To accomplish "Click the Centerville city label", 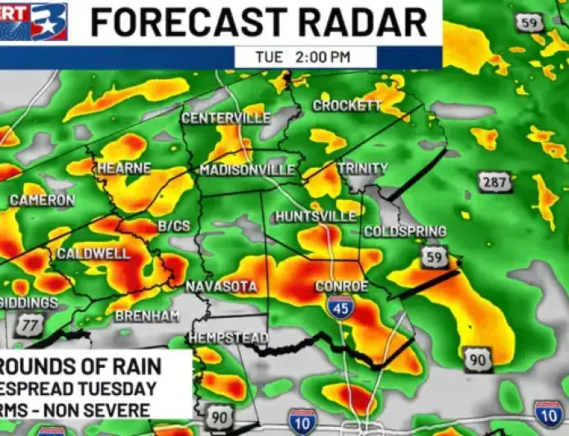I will tap(225, 118).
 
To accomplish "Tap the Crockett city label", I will tap(347, 106).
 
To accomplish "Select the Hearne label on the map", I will tap(124, 168).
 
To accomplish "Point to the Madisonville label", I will tap(248, 170).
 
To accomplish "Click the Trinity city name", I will tap(362, 168).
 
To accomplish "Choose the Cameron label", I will tap(42, 200).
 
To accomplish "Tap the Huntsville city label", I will tap(316, 216).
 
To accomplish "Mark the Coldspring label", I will tap(405, 232).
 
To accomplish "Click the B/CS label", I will tap(173, 225).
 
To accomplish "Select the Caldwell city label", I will tap(93, 254).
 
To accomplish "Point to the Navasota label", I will tap(221, 287).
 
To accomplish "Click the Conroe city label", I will tap(342, 287).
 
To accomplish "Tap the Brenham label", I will tap(147, 316).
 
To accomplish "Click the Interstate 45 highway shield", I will tap(339, 308).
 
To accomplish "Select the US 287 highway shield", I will tap(496, 182).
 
